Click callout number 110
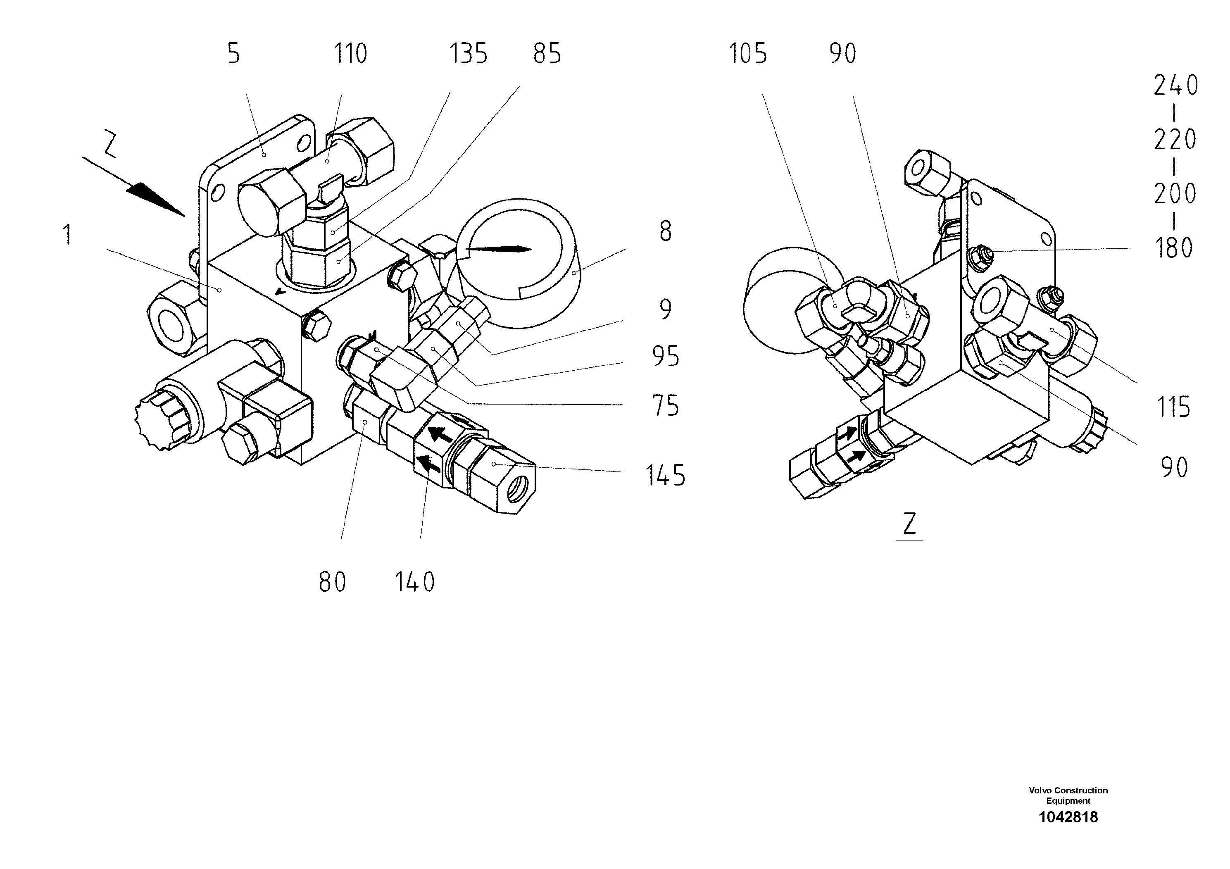[x=350, y=54]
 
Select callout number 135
[x=468, y=54]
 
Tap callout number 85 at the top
[x=547, y=54]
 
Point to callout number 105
[x=748, y=54]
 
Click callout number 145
[x=665, y=475]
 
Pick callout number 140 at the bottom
[x=415, y=582]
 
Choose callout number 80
[x=332, y=582]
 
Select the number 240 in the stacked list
[x=1176, y=86]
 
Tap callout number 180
[x=1174, y=248]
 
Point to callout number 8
[x=665, y=231]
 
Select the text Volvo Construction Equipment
[x=1068, y=795]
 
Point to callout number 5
[x=233, y=54]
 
